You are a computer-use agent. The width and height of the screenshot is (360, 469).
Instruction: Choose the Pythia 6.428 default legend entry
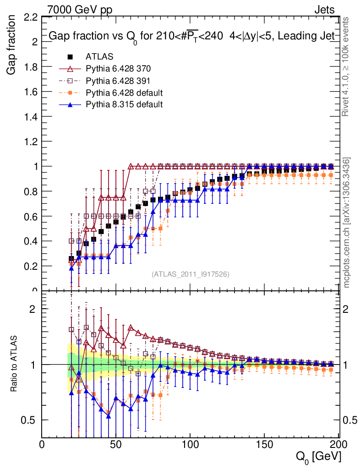pos(124,93)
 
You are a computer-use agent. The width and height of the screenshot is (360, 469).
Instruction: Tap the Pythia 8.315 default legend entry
pos(124,104)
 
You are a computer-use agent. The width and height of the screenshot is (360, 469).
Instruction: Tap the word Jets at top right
pos(324,9)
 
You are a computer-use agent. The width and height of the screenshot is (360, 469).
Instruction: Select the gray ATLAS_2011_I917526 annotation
pos(191,274)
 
